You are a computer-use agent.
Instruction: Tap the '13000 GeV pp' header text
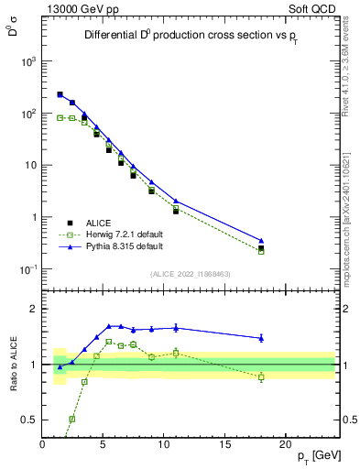tap(80, 9)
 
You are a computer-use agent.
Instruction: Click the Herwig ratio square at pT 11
tap(176, 353)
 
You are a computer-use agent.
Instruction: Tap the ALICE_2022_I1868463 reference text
tap(191, 275)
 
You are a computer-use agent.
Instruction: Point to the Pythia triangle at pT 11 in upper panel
tap(176, 201)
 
